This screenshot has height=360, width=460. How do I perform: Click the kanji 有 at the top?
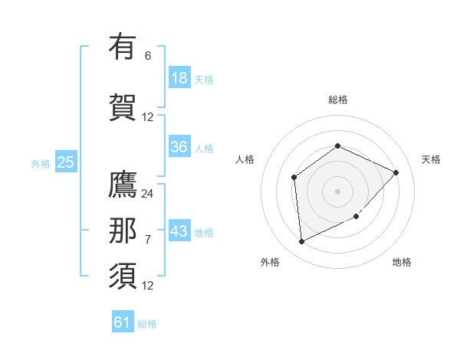click(x=123, y=47)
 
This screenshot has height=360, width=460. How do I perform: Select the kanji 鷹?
click(x=123, y=187)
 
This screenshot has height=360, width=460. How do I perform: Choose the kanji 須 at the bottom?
click(x=123, y=276)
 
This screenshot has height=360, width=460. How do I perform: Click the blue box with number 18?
click(x=179, y=78)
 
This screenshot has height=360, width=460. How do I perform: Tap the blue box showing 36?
click(x=179, y=147)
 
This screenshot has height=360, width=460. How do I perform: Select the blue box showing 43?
click(x=179, y=231)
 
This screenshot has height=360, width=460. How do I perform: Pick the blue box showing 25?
click(x=65, y=162)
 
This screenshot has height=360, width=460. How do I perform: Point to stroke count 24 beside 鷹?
click(x=147, y=194)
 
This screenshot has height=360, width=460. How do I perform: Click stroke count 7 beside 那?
click(x=147, y=240)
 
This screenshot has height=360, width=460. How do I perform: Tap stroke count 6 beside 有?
click(x=147, y=55)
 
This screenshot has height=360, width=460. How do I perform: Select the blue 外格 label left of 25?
click(x=40, y=162)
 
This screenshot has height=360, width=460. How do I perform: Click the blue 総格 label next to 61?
click(x=147, y=324)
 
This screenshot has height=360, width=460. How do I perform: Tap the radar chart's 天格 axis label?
click(x=431, y=159)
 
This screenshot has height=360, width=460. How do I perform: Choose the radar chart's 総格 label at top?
click(x=337, y=100)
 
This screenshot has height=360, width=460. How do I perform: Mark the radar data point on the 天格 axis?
click(x=396, y=172)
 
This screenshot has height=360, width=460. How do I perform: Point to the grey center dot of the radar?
click(x=337, y=191)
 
